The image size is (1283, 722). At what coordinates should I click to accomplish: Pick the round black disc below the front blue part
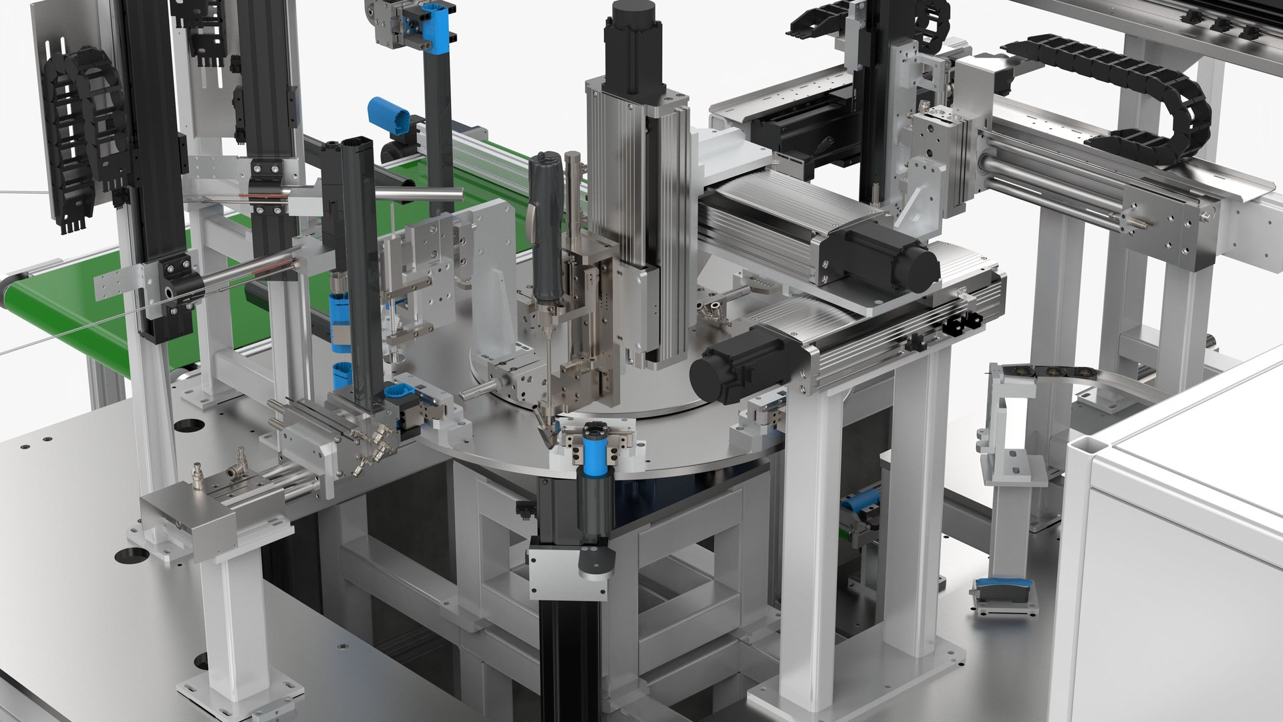(x=595, y=561)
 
